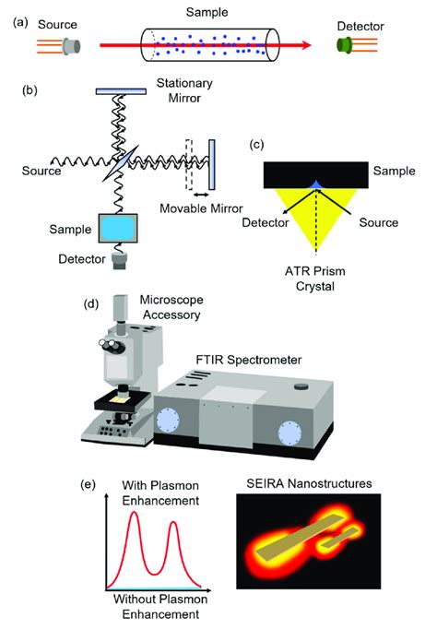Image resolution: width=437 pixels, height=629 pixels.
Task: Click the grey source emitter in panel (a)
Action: coord(72,46)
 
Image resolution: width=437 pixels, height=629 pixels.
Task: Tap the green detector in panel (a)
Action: coord(344,45)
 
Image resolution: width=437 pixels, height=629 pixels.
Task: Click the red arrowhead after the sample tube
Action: coord(306,45)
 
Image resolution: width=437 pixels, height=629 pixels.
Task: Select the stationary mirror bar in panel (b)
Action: coord(121,91)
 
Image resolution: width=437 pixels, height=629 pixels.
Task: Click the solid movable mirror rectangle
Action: coord(212,164)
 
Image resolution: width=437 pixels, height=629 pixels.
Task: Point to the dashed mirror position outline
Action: coord(189,164)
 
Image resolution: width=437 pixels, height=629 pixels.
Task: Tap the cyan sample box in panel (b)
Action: coord(118,228)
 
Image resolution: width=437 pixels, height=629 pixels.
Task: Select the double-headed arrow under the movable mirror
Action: coord(201,195)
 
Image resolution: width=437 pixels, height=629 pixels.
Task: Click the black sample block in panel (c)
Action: coord(316,175)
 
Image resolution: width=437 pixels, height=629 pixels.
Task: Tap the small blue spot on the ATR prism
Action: coord(316,184)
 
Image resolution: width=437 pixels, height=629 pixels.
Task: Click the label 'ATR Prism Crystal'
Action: coord(315,279)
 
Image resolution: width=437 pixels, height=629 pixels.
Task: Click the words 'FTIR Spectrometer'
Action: coord(249,360)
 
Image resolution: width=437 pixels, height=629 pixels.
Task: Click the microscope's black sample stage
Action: coord(123,401)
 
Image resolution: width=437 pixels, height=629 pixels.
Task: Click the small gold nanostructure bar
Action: coord(340,537)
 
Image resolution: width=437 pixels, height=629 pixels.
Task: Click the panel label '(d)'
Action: coord(90,304)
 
